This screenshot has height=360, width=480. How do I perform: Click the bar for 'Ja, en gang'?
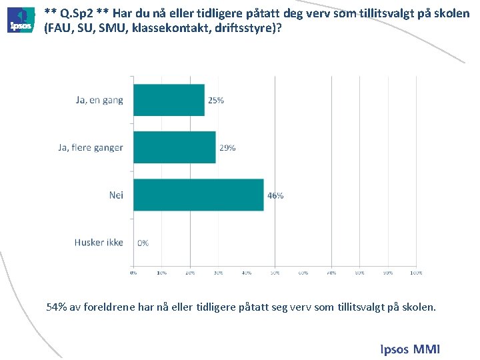169,100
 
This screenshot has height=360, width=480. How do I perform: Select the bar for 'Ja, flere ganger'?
175,147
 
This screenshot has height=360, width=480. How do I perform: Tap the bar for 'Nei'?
199,195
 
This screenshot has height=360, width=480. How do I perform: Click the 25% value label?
216,100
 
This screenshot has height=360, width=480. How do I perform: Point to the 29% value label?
227,147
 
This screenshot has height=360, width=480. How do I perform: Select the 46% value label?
275,195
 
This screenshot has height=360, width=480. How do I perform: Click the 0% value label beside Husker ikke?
143,243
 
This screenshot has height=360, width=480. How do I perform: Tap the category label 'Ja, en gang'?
99,100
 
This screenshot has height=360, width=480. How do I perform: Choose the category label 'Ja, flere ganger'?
90,147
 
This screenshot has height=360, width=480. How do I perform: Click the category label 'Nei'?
116,195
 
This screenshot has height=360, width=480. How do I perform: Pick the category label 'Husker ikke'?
99,242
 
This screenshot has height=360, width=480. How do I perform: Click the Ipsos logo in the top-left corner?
21,20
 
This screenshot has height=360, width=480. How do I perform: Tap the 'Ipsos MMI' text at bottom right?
410,349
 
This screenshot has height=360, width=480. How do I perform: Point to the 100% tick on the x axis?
416,272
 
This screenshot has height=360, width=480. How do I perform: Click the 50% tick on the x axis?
275,272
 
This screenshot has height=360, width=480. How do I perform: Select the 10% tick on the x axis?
161,272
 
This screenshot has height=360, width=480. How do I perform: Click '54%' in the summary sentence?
57,307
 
